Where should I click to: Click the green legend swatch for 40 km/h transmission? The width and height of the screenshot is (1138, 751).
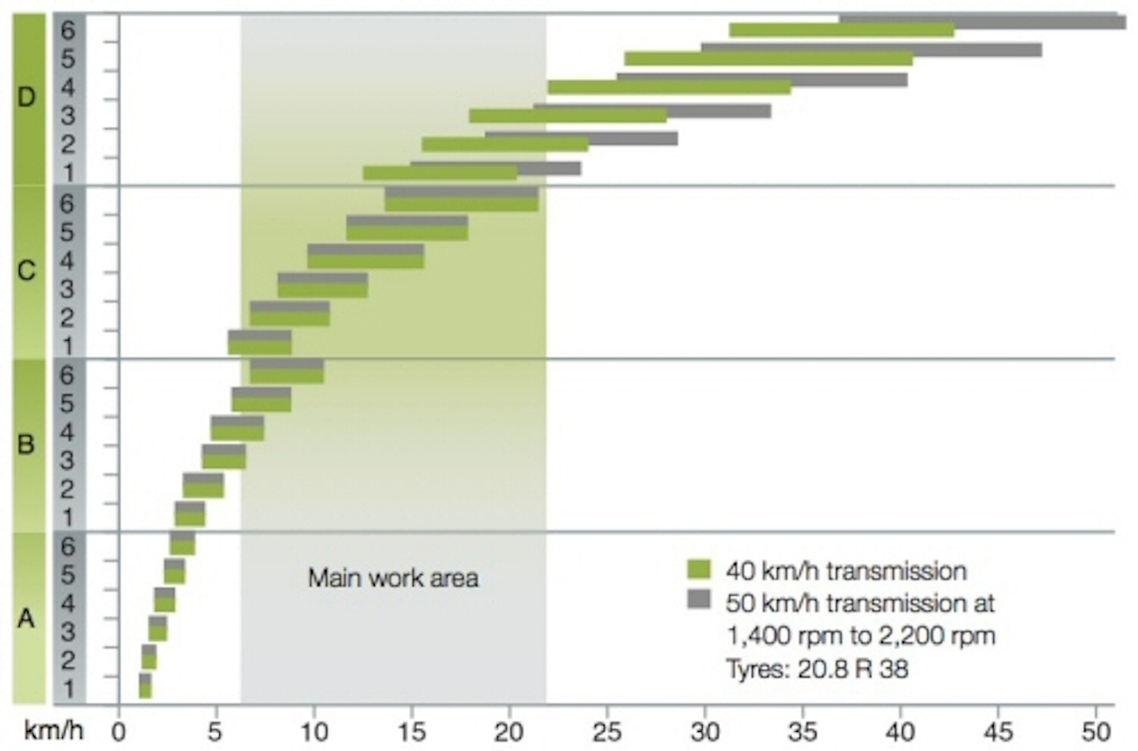tap(698, 569)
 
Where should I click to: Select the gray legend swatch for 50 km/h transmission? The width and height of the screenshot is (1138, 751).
tap(698, 598)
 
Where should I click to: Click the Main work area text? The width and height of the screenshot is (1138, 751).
tap(393, 577)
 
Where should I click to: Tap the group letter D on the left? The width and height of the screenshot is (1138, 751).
tap(27, 98)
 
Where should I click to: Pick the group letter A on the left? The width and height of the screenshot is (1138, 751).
tap(27, 618)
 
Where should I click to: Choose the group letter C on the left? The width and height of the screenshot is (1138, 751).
tap(27, 271)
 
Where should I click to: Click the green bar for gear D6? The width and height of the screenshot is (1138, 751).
tap(841, 30)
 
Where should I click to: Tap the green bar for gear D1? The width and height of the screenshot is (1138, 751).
tap(439, 174)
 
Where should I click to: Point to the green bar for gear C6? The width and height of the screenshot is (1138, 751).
tap(461, 205)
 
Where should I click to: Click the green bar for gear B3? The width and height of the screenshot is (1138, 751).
tap(224, 462)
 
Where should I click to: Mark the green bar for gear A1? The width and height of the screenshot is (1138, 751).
tap(145, 691)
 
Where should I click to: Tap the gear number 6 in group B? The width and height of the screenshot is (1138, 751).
tap(70, 375)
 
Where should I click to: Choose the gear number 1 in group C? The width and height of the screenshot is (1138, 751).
tap(70, 345)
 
